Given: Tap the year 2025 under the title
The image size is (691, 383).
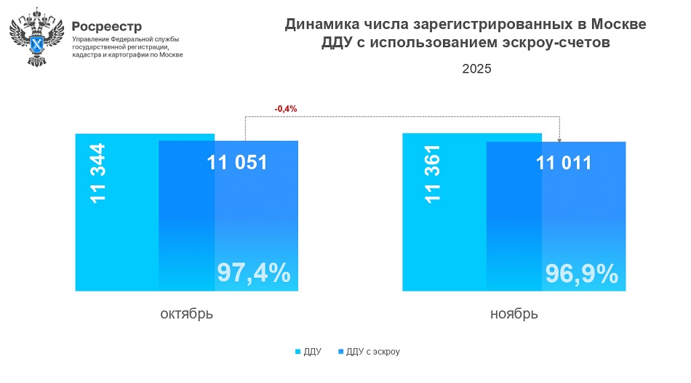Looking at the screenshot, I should [x=476, y=69].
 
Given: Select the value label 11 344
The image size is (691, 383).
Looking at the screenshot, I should [x=97, y=173].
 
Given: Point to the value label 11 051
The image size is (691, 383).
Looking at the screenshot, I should [x=236, y=163].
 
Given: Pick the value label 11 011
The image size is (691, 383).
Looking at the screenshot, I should [x=564, y=163].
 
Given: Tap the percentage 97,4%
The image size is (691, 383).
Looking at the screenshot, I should [x=254, y=273].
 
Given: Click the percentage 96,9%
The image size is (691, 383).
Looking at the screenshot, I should [x=581, y=273].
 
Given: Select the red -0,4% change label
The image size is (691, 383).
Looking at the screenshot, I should [x=286, y=109].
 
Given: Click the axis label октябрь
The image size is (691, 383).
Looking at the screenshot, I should [x=187, y=314].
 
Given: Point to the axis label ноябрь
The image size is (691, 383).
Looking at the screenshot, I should [x=514, y=314].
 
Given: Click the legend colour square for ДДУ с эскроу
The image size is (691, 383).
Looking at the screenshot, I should [x=341, y=352].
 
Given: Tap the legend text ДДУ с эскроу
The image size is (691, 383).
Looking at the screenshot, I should [x=373, y=352].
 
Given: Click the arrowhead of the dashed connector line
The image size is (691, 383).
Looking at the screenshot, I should [x=559, y=139].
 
